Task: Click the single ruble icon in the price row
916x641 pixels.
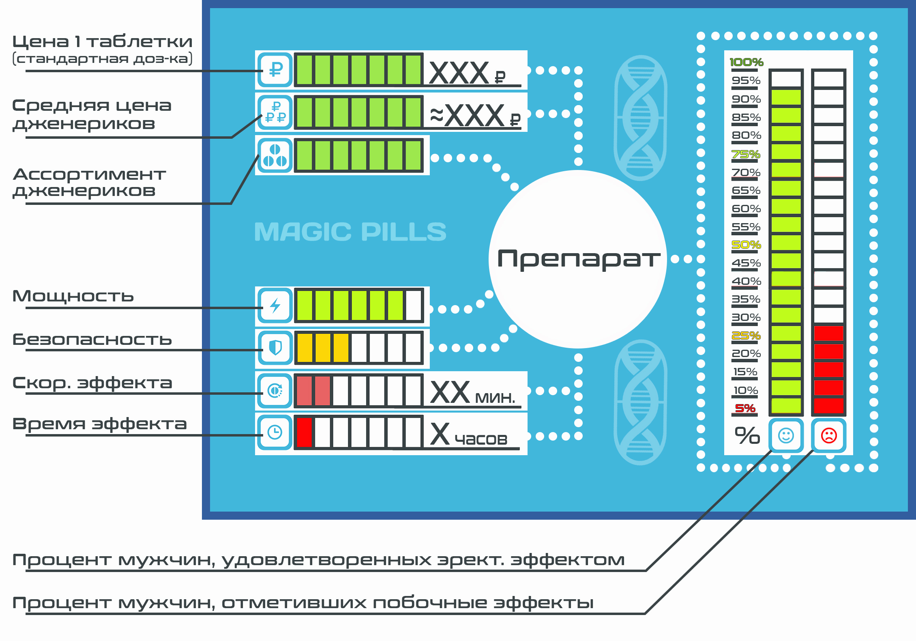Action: click(275, 70)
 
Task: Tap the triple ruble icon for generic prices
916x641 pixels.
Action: click(275, 112)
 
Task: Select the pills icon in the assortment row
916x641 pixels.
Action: click(275, 155)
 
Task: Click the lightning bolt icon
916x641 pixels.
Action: click(275, 305)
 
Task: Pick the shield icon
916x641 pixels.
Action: click(275, 348)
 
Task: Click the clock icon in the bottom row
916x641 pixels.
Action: click(275, 432)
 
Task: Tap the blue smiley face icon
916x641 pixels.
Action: click(786, 436)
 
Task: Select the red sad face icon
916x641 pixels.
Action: click(829, 436)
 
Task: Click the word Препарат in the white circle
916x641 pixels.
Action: click(579, 259)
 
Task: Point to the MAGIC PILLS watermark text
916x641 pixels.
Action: click(350, 232)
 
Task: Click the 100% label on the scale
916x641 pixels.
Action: click(746, 62)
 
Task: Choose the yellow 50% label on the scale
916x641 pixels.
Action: click(746, 245)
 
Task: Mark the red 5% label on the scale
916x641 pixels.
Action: click(745, 408)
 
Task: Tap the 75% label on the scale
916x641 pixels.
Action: click(746, 155)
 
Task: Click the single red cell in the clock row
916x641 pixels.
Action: click(305, 432)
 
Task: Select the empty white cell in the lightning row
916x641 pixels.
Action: click(414, 305)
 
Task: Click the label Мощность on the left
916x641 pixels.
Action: click(73, 297)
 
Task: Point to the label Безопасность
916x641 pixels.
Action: click(92, 340)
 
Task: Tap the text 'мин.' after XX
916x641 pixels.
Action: click(495, 398)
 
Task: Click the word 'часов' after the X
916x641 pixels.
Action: click(481, 439)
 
